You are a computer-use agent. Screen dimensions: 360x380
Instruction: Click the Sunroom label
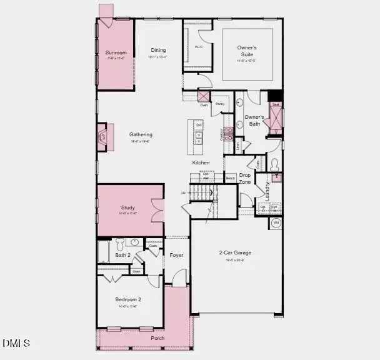(x=116, y=52)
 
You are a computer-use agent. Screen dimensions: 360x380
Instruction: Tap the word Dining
(x=159, y=50)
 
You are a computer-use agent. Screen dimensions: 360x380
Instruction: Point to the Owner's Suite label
(x=248, y=51)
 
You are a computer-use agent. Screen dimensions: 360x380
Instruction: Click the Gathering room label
(x=141, y=134)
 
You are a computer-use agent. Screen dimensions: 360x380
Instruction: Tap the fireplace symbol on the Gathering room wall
(x=103, y=137)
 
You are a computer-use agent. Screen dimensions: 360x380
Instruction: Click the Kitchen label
(x=201, y=162)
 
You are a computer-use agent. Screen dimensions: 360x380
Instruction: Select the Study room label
(x=128, y=207)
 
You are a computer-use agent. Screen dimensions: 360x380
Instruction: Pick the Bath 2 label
(x=122, y=255)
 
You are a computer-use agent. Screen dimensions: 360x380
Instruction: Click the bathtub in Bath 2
(x=103, y=254)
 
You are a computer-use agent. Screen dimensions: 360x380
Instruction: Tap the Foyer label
(x=177, y=255)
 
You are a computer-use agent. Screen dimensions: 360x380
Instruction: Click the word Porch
(x=158, y=338)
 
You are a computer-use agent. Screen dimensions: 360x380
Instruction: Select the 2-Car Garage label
(x=235, y=252)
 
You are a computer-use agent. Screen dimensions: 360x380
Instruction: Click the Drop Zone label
(x=245, y=179)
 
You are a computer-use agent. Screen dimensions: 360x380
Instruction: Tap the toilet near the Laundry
(x=274, y=164)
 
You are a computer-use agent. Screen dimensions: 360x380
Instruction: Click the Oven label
(x=204, y=105)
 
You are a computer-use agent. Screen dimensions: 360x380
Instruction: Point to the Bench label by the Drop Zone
(x=231, y=179)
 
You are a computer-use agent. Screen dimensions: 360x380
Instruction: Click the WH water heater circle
(x=276, y=222)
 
